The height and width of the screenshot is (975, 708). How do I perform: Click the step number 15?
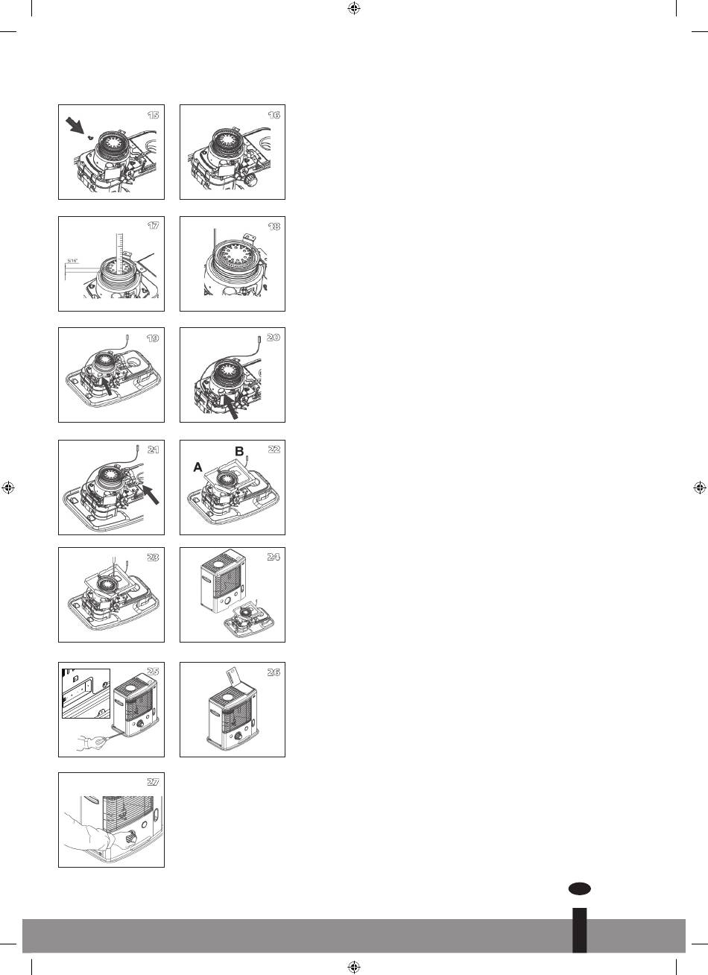point(154,115)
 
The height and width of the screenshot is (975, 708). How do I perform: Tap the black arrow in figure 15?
point(75,125)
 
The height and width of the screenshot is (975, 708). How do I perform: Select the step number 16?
point(274,115)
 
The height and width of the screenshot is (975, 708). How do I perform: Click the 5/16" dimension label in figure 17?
point(72,261)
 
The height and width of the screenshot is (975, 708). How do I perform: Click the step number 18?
point(274,227)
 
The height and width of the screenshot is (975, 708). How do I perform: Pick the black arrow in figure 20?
point(230,408)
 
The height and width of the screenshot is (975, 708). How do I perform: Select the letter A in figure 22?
point(198,467)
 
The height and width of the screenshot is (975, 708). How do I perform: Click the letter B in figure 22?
point(239,452)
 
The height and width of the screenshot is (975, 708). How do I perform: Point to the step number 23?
point(152,557)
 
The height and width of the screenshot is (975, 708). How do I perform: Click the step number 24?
point(274,557)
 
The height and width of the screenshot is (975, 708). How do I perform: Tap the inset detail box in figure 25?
point(86,693)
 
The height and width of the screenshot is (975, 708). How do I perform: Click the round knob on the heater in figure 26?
point(238,736)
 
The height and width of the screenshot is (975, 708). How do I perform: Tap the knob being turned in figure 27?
point(130,838)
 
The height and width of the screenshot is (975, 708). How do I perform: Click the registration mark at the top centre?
point(354,8)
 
